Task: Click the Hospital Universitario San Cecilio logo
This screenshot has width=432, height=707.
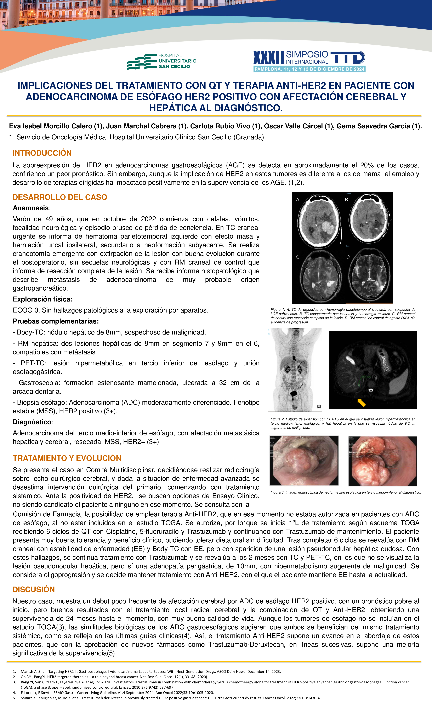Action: coord(162,61)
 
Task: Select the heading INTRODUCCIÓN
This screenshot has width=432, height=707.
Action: coord(42,153)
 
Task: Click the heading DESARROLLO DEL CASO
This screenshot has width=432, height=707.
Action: coord(60,197)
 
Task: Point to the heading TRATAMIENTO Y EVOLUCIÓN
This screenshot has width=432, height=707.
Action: coord(67,458)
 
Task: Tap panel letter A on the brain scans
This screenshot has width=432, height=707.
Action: coord(298,200)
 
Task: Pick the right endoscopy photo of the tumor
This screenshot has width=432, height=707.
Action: coord(382,461)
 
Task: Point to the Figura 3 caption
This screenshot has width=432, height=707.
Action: coord(345,492)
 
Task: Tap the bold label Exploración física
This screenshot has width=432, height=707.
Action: coord(42,299)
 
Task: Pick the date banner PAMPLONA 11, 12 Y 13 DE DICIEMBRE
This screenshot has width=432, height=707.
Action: coord(309,69)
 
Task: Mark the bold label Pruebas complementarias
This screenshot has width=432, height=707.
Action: coord(56,321)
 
